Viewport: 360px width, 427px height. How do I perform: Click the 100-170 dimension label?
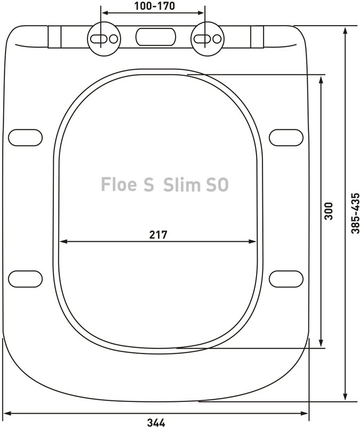(155, 6)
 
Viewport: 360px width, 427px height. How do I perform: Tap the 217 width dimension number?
(158, 234)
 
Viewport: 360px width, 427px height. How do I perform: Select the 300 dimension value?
(329, 211)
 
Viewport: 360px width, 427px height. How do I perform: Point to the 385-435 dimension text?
(355, 213)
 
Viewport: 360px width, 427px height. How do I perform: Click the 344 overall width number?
(156, 423)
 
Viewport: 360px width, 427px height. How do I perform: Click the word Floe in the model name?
(119, 184)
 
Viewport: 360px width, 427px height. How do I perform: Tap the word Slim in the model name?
(181, 184)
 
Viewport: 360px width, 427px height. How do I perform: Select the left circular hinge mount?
(103, 38)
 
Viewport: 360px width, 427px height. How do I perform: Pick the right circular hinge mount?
(207, 38)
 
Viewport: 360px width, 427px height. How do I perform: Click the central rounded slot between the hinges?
(156, 37)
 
